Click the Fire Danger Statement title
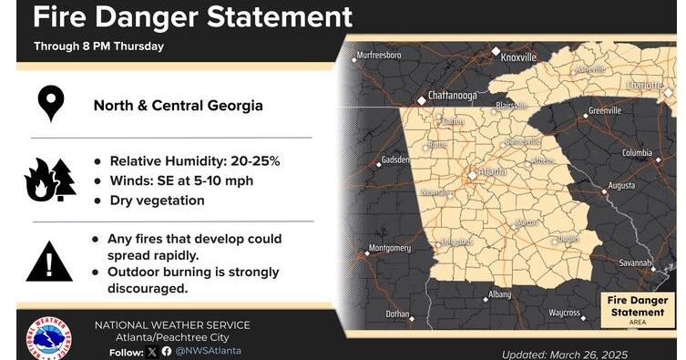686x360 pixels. pyautogui.click(x=192, y=16)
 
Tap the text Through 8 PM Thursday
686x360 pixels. pyautogui.click(x=99, y=46)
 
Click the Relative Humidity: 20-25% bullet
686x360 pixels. pyautogui.click(x=194, y=160)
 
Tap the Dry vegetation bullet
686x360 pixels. pyautogui.click(x=156, y=201)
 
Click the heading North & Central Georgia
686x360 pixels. pyautogui.click(x=179, y=105)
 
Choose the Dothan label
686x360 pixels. pyautogui.click(x=397, y=314)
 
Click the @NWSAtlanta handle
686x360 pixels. pyautogui.click(x=209, y=351)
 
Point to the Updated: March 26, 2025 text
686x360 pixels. pyautogui.click(x=565, y=354)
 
